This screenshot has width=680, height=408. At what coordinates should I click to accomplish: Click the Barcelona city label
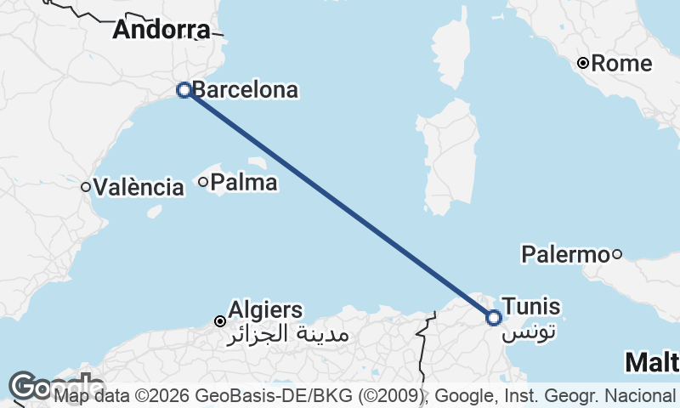tap(245, 89)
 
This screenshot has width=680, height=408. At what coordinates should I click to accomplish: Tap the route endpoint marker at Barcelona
tap(184, 89)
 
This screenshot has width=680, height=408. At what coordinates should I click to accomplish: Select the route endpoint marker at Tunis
tap(494, 318)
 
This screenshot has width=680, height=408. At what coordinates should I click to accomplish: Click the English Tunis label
tap(531, 306)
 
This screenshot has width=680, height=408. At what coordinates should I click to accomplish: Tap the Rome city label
tap(621, 64)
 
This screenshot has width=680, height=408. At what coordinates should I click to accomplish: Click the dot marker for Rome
tap(583, 63)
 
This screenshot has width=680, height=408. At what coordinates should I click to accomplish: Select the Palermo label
tap(565, 253)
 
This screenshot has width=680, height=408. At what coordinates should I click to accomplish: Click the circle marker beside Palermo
tap(617, 253)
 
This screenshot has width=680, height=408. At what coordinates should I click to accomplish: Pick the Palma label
tap(243, 182)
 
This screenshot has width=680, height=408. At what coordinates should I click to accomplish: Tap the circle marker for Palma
tap(203, 181)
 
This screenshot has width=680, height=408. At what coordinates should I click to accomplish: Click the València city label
tap(139, 187)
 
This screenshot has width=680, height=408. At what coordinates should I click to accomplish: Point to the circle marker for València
tap(86, 187)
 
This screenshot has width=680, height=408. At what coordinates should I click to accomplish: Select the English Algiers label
tap(265, 310)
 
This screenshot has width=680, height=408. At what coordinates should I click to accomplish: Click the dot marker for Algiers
tap(219, 321)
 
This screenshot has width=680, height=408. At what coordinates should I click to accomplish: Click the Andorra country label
tap(161, 31)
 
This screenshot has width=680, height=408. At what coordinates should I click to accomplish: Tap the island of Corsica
tap(455, 51)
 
